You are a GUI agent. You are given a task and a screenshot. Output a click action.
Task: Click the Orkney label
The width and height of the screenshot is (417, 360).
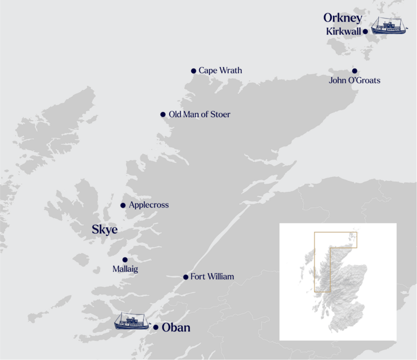[343, 17]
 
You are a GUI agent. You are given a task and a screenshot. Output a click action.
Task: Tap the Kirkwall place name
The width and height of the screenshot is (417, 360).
[343, 31]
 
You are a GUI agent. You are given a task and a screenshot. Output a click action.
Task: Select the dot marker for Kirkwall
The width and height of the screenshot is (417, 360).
[365, 31]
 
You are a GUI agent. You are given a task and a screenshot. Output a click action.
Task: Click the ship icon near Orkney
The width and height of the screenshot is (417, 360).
[389, 26]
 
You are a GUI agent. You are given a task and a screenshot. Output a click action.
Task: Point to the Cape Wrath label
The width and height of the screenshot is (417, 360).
[220, 71]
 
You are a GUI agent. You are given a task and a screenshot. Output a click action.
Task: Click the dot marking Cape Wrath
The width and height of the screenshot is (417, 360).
[193, 71]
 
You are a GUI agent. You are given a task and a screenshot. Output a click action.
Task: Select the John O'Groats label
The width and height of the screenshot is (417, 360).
[354, 81]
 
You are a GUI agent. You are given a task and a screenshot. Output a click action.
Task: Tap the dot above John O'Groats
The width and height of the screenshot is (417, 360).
[354, 71]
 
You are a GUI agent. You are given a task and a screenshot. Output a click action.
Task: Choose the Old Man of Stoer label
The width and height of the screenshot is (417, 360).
[199, 115]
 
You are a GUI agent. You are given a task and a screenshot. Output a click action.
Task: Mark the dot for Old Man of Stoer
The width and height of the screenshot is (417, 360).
[163, 115]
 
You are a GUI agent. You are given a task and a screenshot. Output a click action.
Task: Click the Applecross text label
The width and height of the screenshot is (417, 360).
[149, 205]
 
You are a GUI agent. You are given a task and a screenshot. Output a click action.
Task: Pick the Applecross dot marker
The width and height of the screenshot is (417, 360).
[123, 205]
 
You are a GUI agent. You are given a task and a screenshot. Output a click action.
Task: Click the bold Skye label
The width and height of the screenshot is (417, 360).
[104, 230]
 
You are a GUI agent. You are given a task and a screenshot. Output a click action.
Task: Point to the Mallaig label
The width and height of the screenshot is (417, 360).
[126, 270]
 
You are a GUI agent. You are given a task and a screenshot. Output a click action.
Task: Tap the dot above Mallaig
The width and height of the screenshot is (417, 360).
[125, 260]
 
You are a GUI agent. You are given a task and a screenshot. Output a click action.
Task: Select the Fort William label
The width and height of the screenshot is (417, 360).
[212, 277]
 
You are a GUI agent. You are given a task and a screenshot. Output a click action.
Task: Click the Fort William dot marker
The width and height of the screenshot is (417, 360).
[185, 277]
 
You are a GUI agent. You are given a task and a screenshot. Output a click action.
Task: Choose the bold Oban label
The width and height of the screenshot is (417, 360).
[176, 328]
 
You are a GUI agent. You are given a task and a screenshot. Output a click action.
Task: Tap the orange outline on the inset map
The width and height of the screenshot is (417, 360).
[314, 261]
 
